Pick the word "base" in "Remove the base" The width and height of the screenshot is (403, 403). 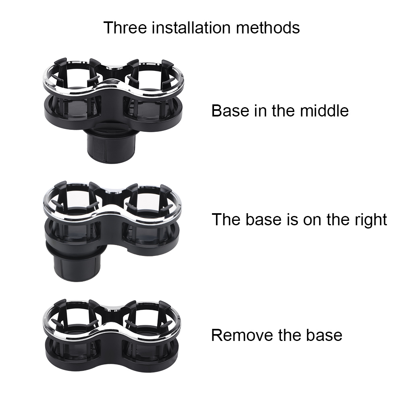tap(325, 335)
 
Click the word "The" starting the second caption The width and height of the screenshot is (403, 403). tap(226, 220)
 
